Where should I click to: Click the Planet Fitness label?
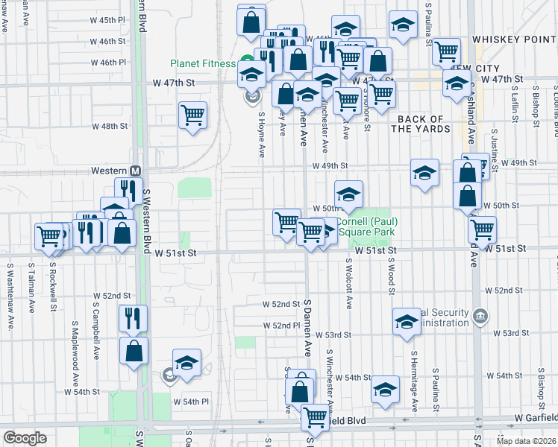[x=202, y=63]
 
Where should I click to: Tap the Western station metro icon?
[x=136, y=171]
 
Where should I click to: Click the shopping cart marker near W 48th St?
[x=192, y=116]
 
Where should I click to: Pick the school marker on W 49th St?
[x=424, y=174]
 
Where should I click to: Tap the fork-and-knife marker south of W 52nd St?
[x=134, y=318]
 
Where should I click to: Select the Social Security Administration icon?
[x=481, y=317]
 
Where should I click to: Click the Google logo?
[x=24, y=438]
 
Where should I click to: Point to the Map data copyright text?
[x=526, y=441]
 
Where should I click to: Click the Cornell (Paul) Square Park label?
[x=366, y=226]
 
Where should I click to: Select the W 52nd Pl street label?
[x=280, y=326]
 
